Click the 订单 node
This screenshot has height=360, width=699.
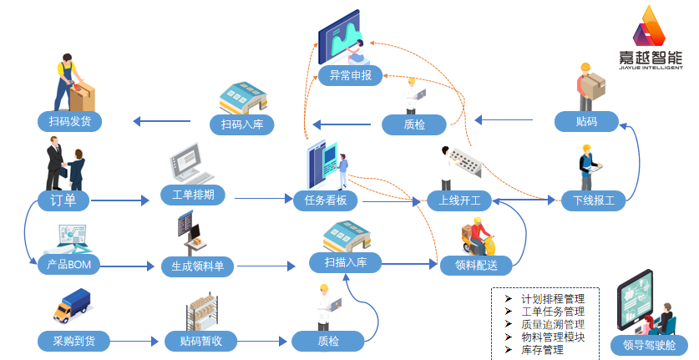click(63, 200)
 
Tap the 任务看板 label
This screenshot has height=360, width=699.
click(326, 200)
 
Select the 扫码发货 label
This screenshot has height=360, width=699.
click(69, 122)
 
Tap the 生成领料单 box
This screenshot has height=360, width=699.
click(198, 266)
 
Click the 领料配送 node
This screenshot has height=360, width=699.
click(476, 266)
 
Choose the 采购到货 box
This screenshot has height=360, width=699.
click(73, 341)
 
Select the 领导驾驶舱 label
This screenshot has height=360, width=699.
click(649, 344)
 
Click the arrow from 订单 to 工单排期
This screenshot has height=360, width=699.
click(125, 200)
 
